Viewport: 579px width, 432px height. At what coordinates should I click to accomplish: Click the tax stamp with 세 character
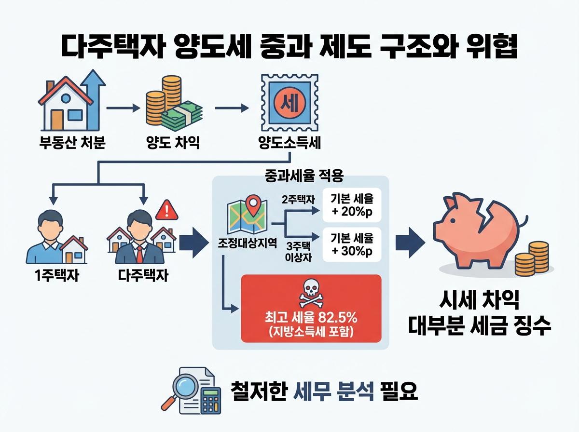coord(289,103)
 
